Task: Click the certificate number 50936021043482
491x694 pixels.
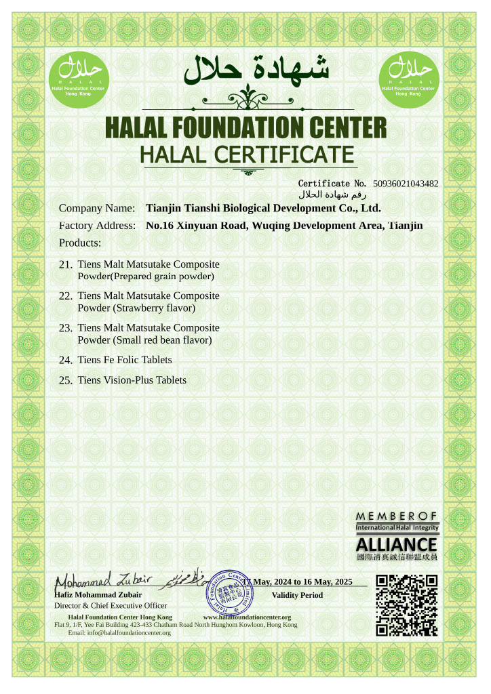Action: pos(406,184)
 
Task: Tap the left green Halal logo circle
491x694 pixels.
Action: pos(77,77)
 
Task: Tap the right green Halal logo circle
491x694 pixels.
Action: pos(408,77)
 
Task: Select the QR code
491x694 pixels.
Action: pos(407,605)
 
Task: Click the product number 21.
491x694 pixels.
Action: pos(66,264)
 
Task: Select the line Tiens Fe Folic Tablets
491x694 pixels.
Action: pos(125,360)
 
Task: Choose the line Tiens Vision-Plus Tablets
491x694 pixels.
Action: pos(132,380)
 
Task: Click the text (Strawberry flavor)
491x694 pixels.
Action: pos(154,308)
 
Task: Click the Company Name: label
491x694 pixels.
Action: pos(97,208)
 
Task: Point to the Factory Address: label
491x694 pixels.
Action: pos(97,225)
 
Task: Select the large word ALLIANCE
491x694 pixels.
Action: pos(397,544)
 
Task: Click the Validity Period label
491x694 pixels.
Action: pos(297,595)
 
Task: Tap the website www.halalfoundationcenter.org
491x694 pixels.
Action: pos(247,617)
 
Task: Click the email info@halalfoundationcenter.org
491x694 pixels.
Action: pos(119,632)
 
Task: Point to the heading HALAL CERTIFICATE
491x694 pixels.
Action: pos(247,155)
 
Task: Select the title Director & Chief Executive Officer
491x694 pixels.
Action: pos(111,605)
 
